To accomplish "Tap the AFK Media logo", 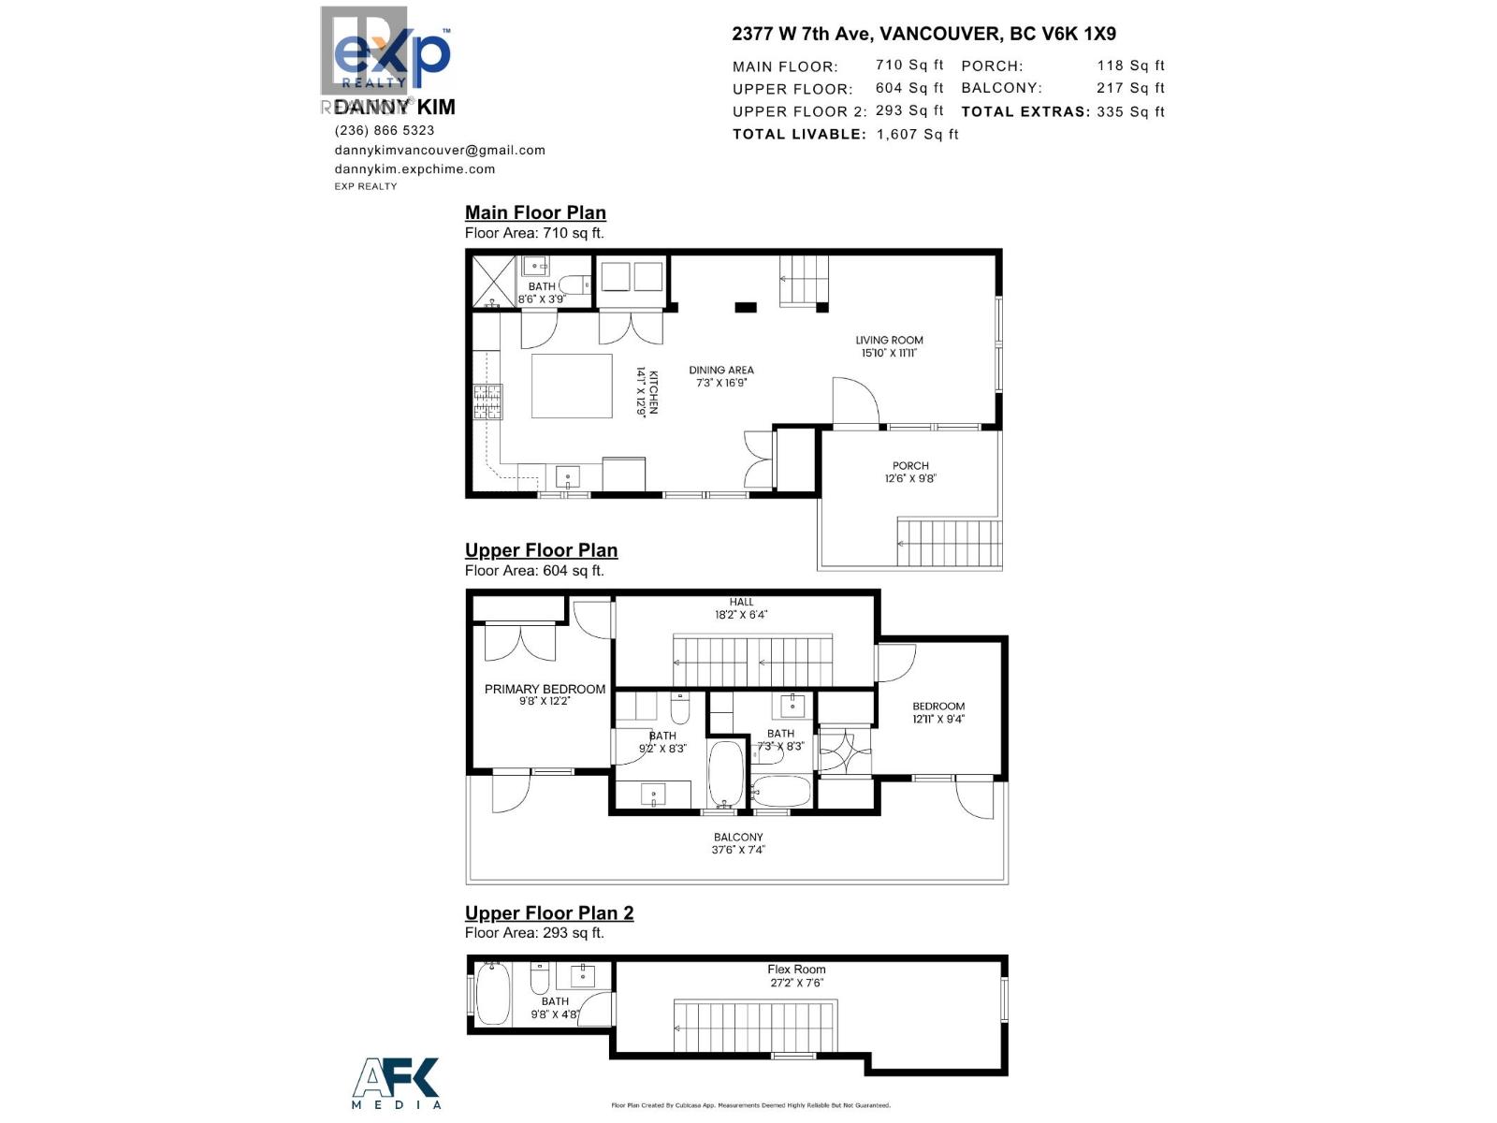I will click(x=396, y=1083).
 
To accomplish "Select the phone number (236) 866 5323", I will click(x=385, y=130).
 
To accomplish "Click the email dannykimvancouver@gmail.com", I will click(x=440, y=150).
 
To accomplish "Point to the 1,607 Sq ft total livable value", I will click(x=917, y=134).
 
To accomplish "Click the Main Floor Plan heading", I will click(x=535, y=212).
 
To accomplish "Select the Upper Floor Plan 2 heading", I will click(x=549, y=912).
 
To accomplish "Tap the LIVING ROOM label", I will click(x=889, y=341).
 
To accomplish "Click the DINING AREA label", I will click(x=721, y=370).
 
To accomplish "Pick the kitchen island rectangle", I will click(x=572, y=386).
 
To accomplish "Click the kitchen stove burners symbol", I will click(x=487, y=402).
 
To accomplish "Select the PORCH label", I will click(x=910, y=465).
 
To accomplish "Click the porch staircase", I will click(x=949, y=542).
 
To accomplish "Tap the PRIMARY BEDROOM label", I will click(x=545, y=689).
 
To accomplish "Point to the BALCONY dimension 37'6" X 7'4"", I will click(x=738, y=850).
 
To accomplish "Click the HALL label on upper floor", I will click(x=741, y=602).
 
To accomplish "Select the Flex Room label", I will click(x=796, y=970).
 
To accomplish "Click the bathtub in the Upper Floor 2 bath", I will click(x=493, y=995).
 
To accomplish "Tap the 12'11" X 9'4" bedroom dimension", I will click(x=938, y=720).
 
